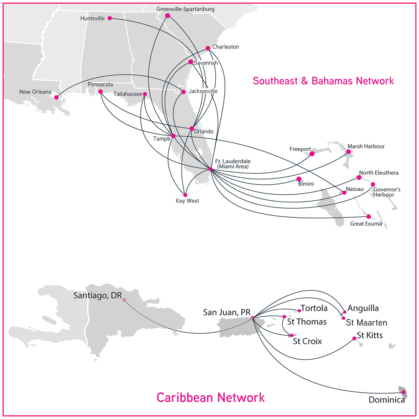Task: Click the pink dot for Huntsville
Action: [110, 18]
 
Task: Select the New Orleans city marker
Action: [56, 97]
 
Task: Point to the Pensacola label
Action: [100, 84]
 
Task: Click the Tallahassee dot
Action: [145, 94]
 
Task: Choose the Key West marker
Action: [185, 194]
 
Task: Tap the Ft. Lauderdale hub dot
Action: [210, 169]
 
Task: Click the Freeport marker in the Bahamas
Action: [312, 153]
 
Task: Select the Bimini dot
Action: [299, 179]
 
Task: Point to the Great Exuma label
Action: [366, 224]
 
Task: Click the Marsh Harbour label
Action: [366, 146]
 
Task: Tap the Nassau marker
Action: [344, 193]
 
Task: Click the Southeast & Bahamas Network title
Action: [323, 81]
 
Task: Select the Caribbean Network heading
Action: [210, 397]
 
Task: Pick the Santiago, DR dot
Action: [124, 299]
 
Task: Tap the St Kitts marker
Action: [354, 338]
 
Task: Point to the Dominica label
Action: [386, 400]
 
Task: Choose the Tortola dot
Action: [299, 311]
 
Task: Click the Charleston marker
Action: [208, 48]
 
